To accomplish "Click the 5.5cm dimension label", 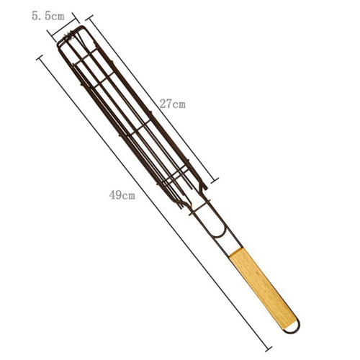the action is tap(48, 16).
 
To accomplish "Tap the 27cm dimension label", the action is tap(173, 104).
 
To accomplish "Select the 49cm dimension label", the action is tap(122, 194).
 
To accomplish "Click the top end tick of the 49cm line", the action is tap(40, 58).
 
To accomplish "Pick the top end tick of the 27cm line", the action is tap(89, 18).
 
